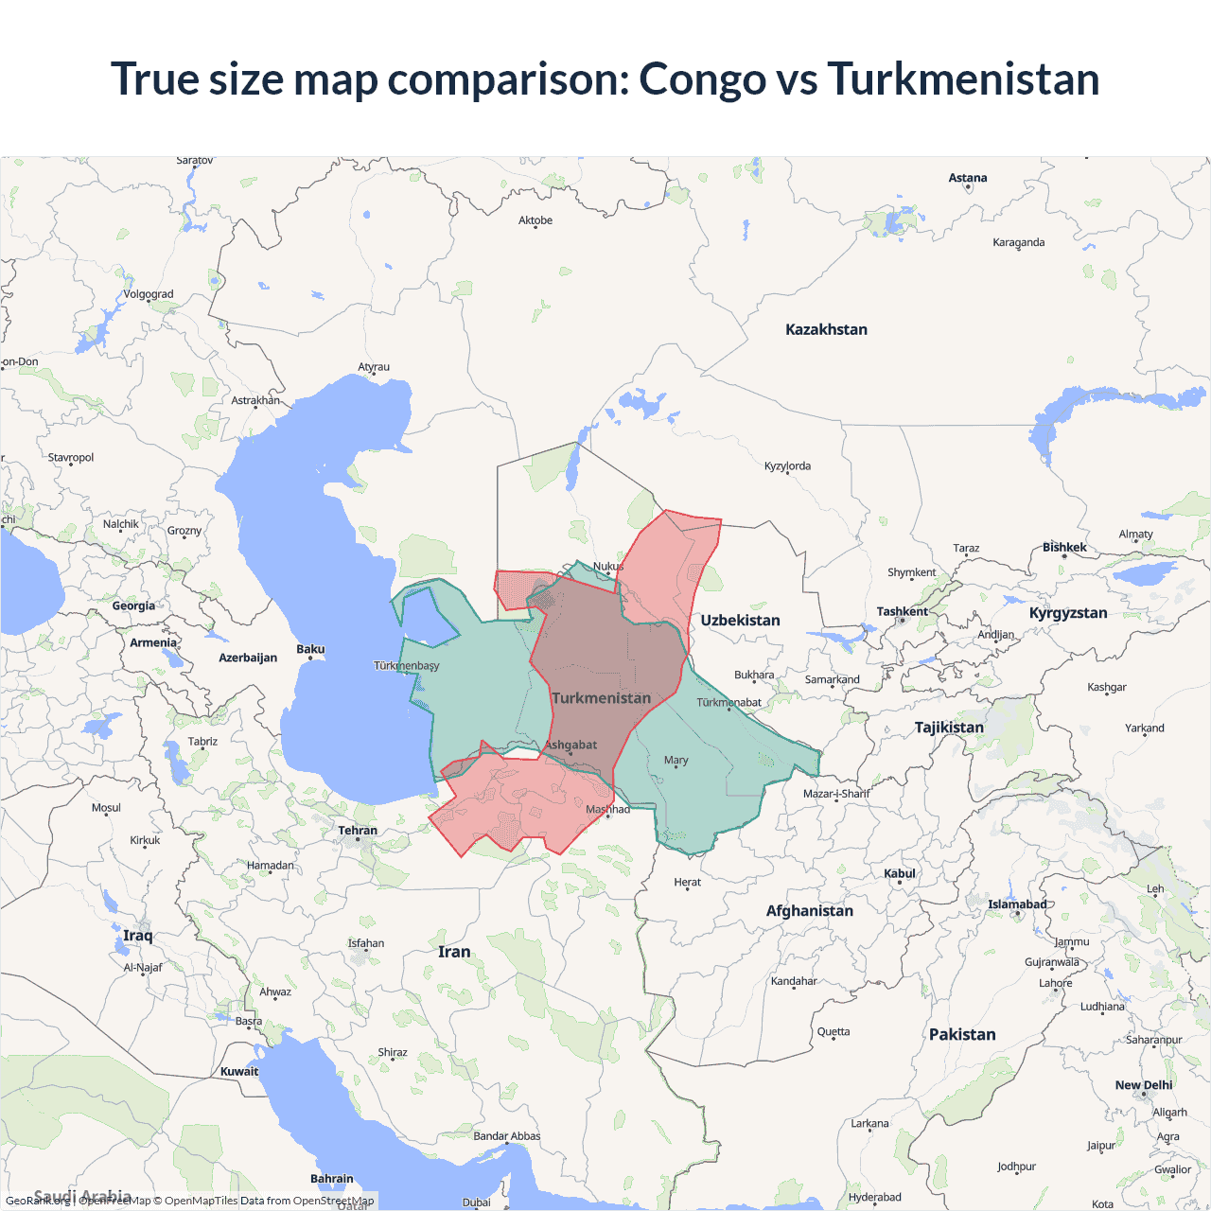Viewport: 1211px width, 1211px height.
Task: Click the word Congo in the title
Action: (x=702, y=79)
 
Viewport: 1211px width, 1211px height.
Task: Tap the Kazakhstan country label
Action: (x=826, y=329)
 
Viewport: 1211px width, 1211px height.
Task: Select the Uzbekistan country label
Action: (x=740, y=621)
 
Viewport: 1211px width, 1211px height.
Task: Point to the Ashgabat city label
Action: (x=571, y=745)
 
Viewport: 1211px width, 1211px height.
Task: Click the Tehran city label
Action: (x=358, y=831)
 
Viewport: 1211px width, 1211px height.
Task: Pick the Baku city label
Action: (x=310, y=649)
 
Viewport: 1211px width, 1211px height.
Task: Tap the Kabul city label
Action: (x=900, y=873)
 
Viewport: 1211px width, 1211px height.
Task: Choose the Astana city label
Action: (x=968, y=178)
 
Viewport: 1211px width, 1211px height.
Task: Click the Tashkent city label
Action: (x=902, y=611)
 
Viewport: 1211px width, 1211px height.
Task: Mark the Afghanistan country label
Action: (x=809, y=911)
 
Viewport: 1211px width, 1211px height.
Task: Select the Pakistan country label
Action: (x=962, y=1035)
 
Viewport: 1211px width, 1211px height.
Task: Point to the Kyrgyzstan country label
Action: (x=1068, y=613)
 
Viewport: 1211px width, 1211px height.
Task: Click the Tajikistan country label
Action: (x=949, y=728)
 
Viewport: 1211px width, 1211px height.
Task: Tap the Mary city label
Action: (x=676, y=760)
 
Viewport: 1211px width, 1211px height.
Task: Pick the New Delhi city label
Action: (x=1143, y=1085)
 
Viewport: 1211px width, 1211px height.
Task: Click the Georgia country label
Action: (x=133, y=606)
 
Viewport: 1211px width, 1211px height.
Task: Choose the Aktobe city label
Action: (x=535, y=220)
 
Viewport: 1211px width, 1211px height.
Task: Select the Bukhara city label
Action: (x=754, y=675)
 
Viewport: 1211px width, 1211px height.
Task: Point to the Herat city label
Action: (x=688, y=882)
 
